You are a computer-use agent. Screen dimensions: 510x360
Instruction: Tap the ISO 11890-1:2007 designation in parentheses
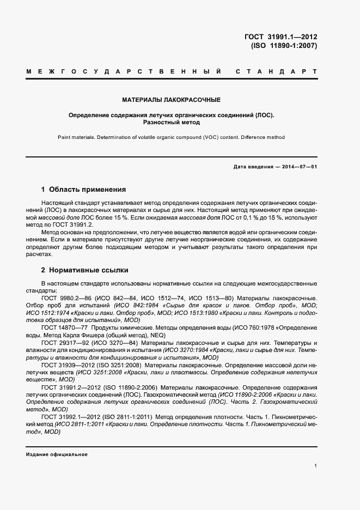(283, 46)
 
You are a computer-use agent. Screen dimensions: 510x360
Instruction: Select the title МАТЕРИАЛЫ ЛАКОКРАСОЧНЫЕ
(171, 100)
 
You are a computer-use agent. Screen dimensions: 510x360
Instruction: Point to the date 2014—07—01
(297, 167)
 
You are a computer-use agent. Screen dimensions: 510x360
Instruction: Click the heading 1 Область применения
(83, 190)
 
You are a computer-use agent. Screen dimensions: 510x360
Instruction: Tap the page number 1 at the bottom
(316, 466)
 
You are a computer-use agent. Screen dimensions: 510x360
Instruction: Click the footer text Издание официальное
(57, 454)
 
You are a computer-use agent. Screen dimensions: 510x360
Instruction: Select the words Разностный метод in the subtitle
(171, 123)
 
